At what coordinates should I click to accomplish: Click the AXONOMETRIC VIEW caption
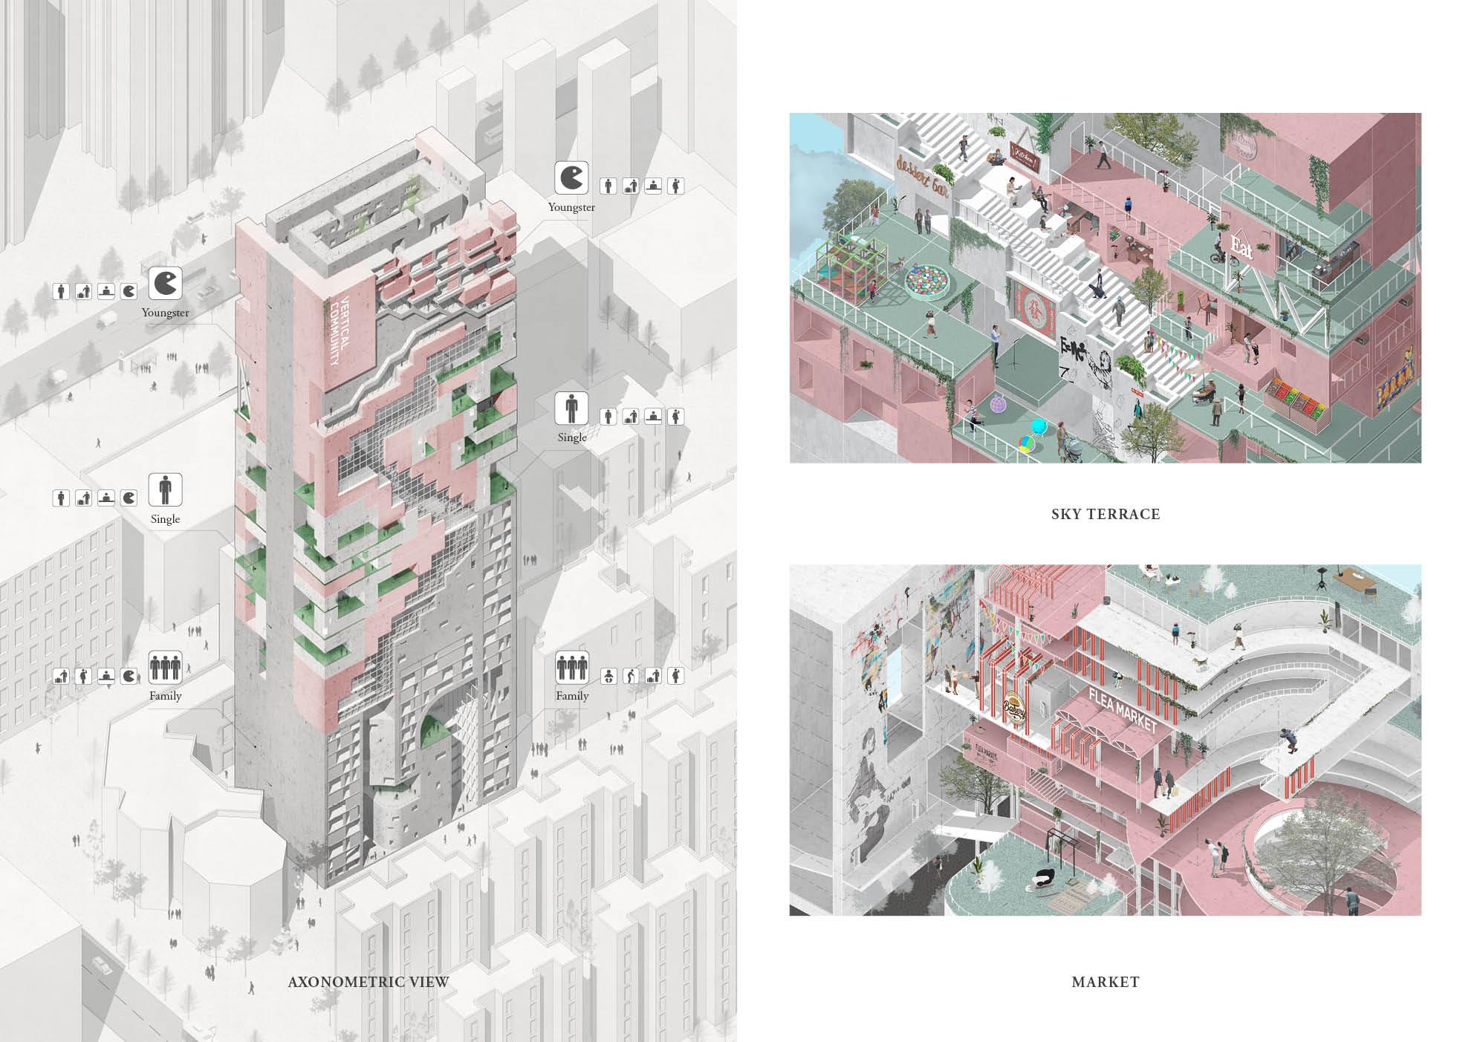[x=368, y=982]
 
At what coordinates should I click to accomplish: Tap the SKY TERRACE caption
[x=1105, y=514]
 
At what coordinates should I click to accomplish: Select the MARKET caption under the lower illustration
[x=1105, y=982]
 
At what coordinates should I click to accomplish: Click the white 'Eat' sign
[x=1241, y=247]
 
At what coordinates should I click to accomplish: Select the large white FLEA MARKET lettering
[x=1122, y=710]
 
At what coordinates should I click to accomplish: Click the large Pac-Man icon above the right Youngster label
[x=571, y=179]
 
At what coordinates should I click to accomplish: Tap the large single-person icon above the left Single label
[x=165, y=490]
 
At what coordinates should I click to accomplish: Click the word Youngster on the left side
[x=165, y=313]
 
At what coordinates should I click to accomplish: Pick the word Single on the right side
[x=572, y=437]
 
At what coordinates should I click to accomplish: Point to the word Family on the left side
[x=165, y=696]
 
